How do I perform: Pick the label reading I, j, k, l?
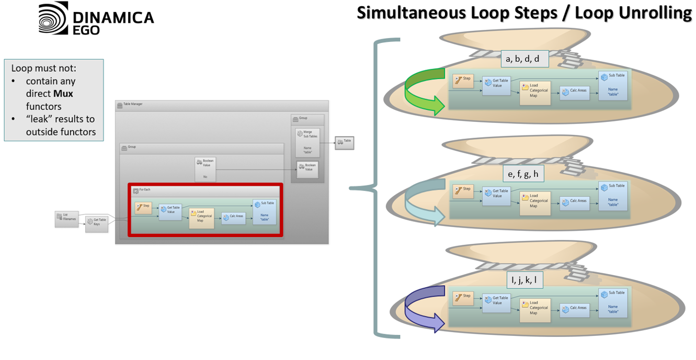click(524, 280)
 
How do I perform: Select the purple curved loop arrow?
click(424, 309)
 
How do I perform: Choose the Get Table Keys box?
click(97, 223)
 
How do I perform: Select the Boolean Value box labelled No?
click(206, 169)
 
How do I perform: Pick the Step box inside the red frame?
click(143, 208)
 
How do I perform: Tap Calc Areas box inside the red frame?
click(233, 218)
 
